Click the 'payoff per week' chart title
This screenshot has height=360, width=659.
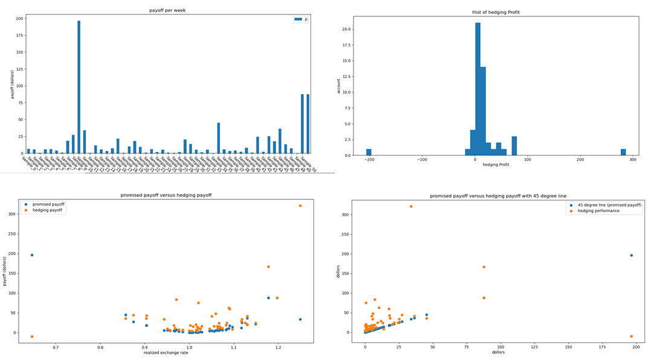tap(168, 10)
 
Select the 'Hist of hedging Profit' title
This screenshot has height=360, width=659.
tap(495, 12)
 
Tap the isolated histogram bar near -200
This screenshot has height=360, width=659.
tap(369, 152)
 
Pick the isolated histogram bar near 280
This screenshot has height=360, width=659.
tap(623, 152)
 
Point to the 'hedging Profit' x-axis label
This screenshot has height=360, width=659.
tap(496, 164)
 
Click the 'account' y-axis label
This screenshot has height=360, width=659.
tap(339, 86)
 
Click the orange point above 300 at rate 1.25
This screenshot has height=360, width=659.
tap(300, 206)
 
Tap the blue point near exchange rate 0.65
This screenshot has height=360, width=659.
tap(32, 255)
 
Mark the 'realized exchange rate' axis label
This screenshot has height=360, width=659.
tap(166, 352)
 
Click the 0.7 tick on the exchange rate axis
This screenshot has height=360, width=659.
tap(56, 346)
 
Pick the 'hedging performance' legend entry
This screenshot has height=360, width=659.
tap(598, 211)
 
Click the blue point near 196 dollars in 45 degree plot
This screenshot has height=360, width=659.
tap(631, 255)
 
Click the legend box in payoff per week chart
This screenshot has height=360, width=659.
tap(301, 19)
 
